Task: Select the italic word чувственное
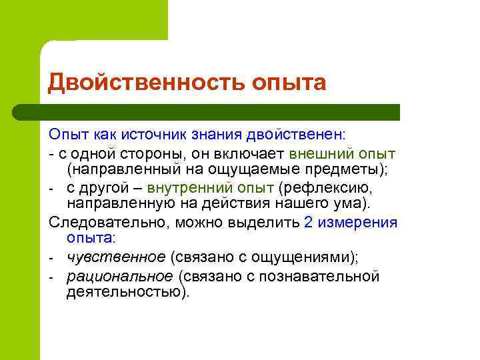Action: click(115, 257)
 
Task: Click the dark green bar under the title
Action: click(220, 111)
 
